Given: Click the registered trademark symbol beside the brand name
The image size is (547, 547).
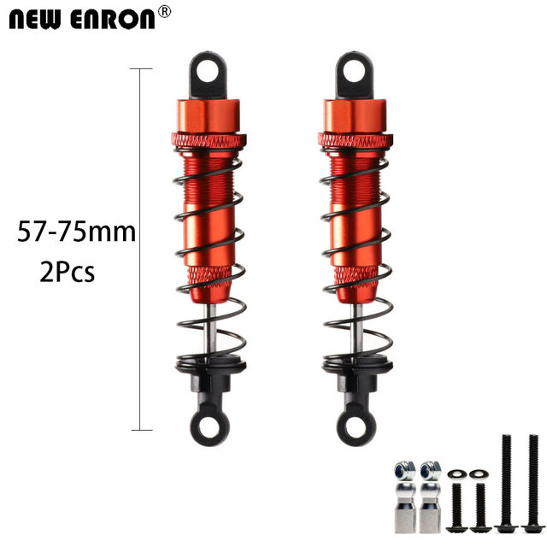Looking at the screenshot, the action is tap(164, 12).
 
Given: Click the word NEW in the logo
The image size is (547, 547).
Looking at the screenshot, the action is tap(34, 20).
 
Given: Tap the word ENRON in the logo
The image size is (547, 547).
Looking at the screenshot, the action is tap(112, 20).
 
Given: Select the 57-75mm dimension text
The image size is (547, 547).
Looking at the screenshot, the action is tap(76, 232).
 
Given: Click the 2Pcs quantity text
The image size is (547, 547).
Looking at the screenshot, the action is tap(67, 272).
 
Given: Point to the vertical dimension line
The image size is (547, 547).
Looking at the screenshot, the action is tap(140, 250).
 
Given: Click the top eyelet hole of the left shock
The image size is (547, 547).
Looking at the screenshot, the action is tap(207, 72).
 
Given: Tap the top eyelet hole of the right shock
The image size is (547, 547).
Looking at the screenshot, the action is tap(354, 72).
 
